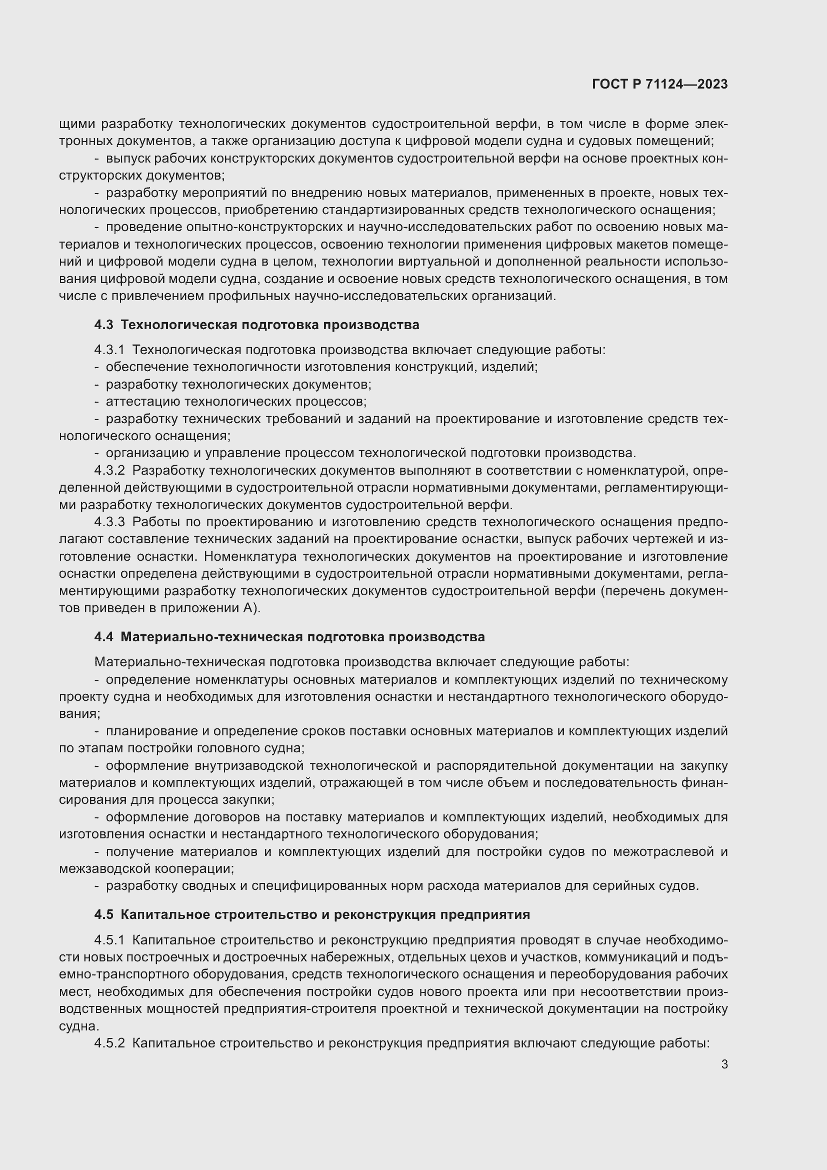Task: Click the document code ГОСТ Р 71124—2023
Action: click(659, 85)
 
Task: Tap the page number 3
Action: click(724, 1064)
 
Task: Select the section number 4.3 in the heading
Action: click(104, 325)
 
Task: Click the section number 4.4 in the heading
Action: click(104, 637)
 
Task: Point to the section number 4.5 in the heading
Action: click(104, 914)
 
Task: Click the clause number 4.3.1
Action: click(109, 350)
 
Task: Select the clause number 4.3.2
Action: click(109, 470)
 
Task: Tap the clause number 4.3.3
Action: click(109, 522)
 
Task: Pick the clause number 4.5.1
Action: click(109, 940)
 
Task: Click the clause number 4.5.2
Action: click(109, 1043)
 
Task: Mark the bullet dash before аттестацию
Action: click(97, 402)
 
